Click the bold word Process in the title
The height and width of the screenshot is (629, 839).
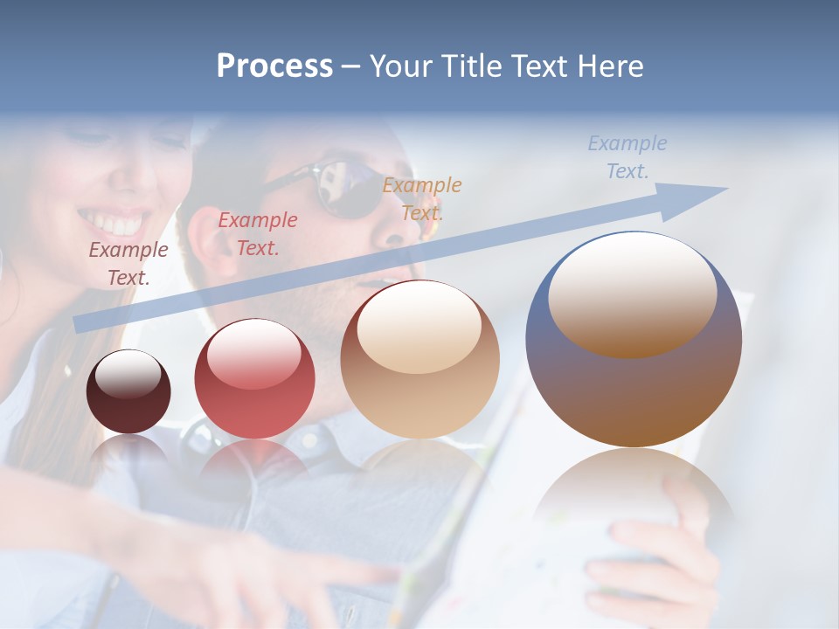274,66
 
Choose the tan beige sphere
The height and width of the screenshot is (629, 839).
420,360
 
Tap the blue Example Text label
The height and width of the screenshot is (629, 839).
628,157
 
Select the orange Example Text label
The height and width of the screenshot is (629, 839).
422,198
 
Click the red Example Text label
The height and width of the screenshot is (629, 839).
258,233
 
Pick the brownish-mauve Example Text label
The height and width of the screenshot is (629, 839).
128,263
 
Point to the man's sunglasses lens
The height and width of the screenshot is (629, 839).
350,185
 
